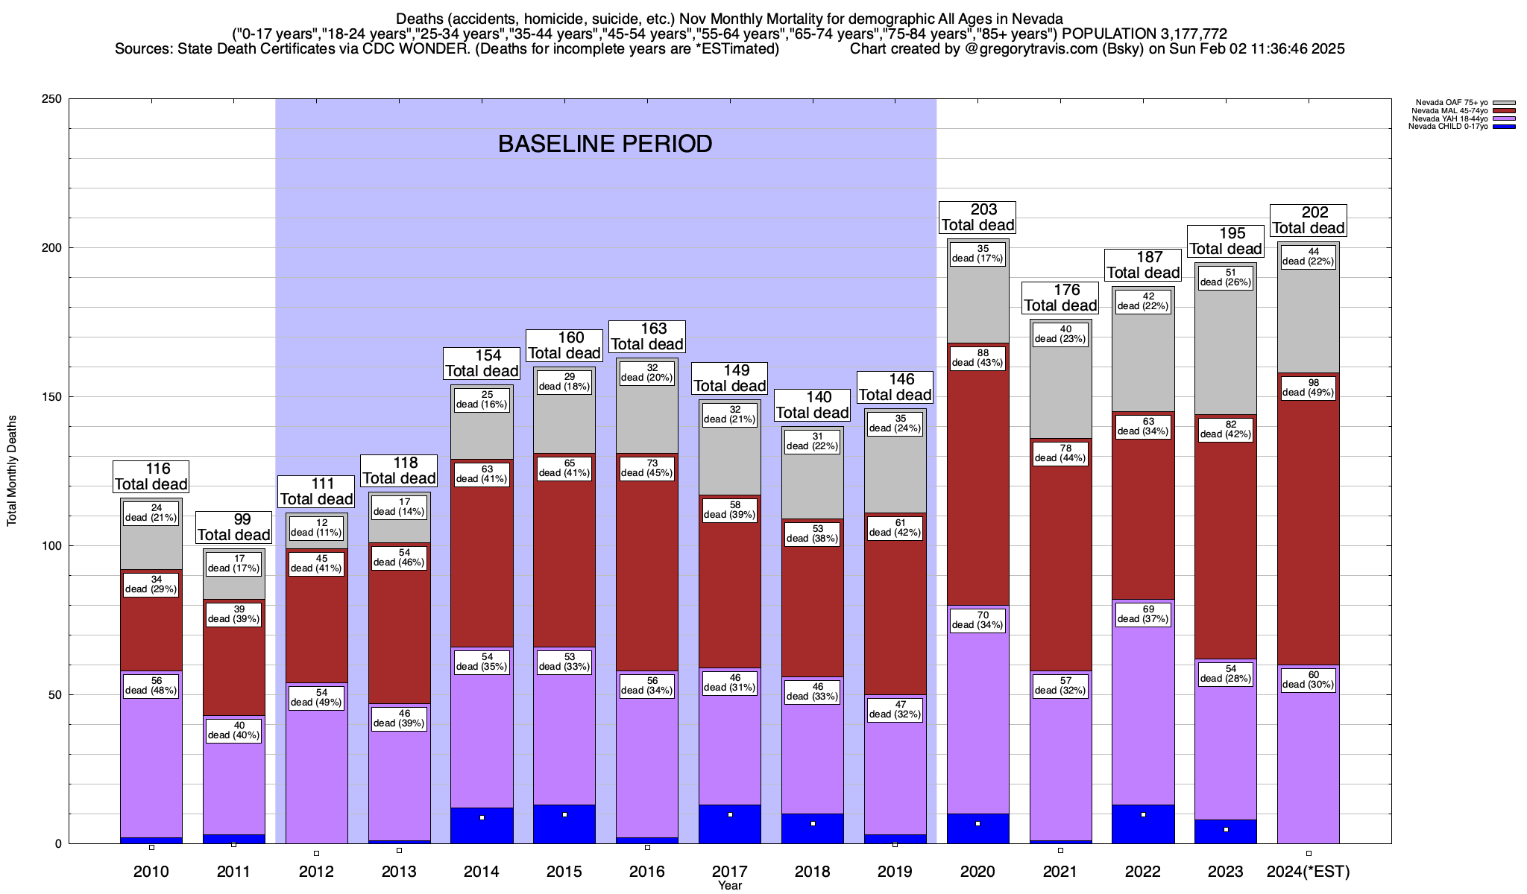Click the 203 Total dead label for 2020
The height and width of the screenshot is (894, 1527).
pos(977,218)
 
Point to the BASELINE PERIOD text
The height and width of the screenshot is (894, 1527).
pos(605,144)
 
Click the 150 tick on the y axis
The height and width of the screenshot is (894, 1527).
pos(53,397)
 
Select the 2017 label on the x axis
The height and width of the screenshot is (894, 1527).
pos(730,872)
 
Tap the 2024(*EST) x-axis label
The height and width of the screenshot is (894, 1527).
pos(1309,872)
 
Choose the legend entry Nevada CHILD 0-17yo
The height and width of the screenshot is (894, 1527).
pos(1447,127)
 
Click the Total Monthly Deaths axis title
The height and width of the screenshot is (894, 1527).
pos(12,471)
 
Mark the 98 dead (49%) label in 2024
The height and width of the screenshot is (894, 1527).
pos(1309,388)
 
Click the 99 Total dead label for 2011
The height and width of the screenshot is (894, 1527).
pos(234,527)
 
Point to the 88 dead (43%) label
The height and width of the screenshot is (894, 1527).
pos(977,358)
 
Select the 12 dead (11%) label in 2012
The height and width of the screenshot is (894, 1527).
pos(316,528)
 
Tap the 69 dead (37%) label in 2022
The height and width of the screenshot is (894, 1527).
pos(1143,615)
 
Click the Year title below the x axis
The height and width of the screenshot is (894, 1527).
pos(730,886)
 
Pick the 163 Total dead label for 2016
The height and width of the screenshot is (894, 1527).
pos(647,337)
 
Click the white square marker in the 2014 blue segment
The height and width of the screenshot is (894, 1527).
pos(482,818)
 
